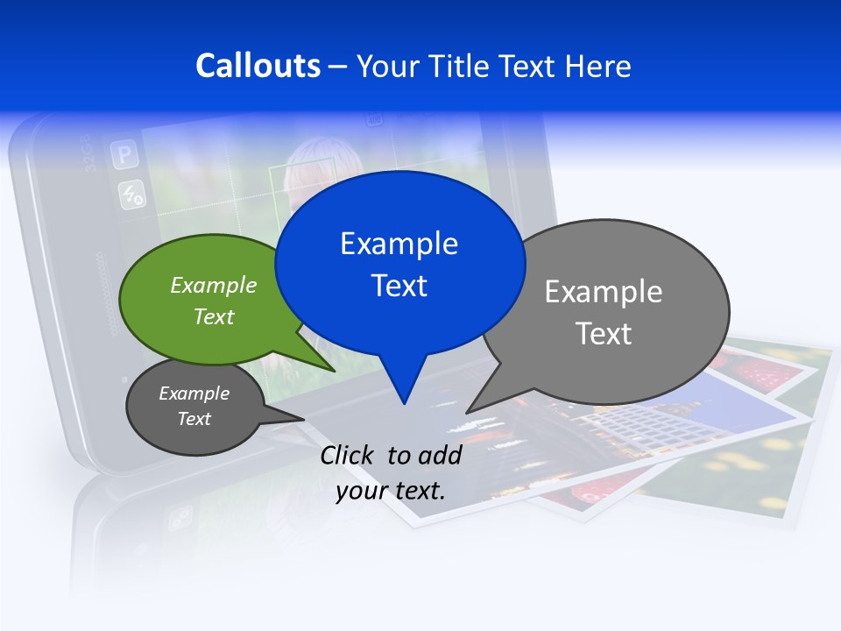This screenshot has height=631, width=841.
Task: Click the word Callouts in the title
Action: (258, 66)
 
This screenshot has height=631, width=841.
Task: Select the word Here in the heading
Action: (598, 66)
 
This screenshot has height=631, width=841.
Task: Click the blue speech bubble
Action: (399, 263)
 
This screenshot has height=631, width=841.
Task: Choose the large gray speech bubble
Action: (613, 311)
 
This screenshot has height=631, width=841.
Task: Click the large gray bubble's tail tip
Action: (467, 412)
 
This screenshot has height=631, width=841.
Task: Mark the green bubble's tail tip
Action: (334, 371)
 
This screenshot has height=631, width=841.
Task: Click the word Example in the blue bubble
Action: (399, 244)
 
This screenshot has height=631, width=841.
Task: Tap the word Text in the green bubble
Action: (214, 316)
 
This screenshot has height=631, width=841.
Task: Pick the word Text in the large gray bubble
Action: (604, 334)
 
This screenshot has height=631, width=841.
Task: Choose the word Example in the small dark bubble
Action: (194, 393)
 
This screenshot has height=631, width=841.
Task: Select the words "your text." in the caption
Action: (391, 491)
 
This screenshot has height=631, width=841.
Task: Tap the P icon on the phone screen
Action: (124, 156)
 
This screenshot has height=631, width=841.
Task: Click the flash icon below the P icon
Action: (131, 195)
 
